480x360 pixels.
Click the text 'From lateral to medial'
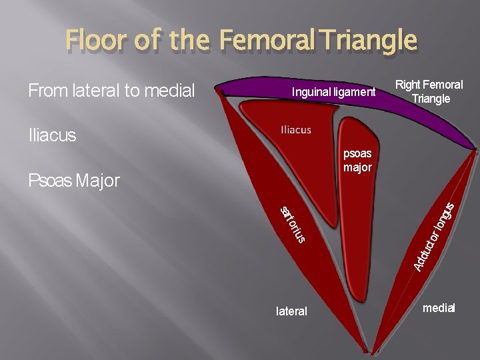111,90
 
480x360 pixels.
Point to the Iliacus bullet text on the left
52,136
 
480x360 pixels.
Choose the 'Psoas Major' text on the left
73,180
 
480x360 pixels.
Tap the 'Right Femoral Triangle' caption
429,91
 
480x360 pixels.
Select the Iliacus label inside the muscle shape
295,130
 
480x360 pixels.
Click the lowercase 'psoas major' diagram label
357,161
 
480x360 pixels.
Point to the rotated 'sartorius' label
293,224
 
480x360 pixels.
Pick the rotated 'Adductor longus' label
434,237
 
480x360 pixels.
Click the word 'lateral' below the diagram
291,311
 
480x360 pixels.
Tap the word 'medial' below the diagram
439,308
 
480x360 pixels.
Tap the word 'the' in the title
189,41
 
